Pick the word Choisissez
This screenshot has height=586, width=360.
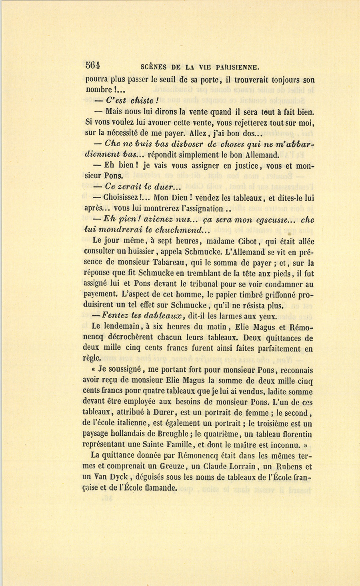[122, 197]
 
